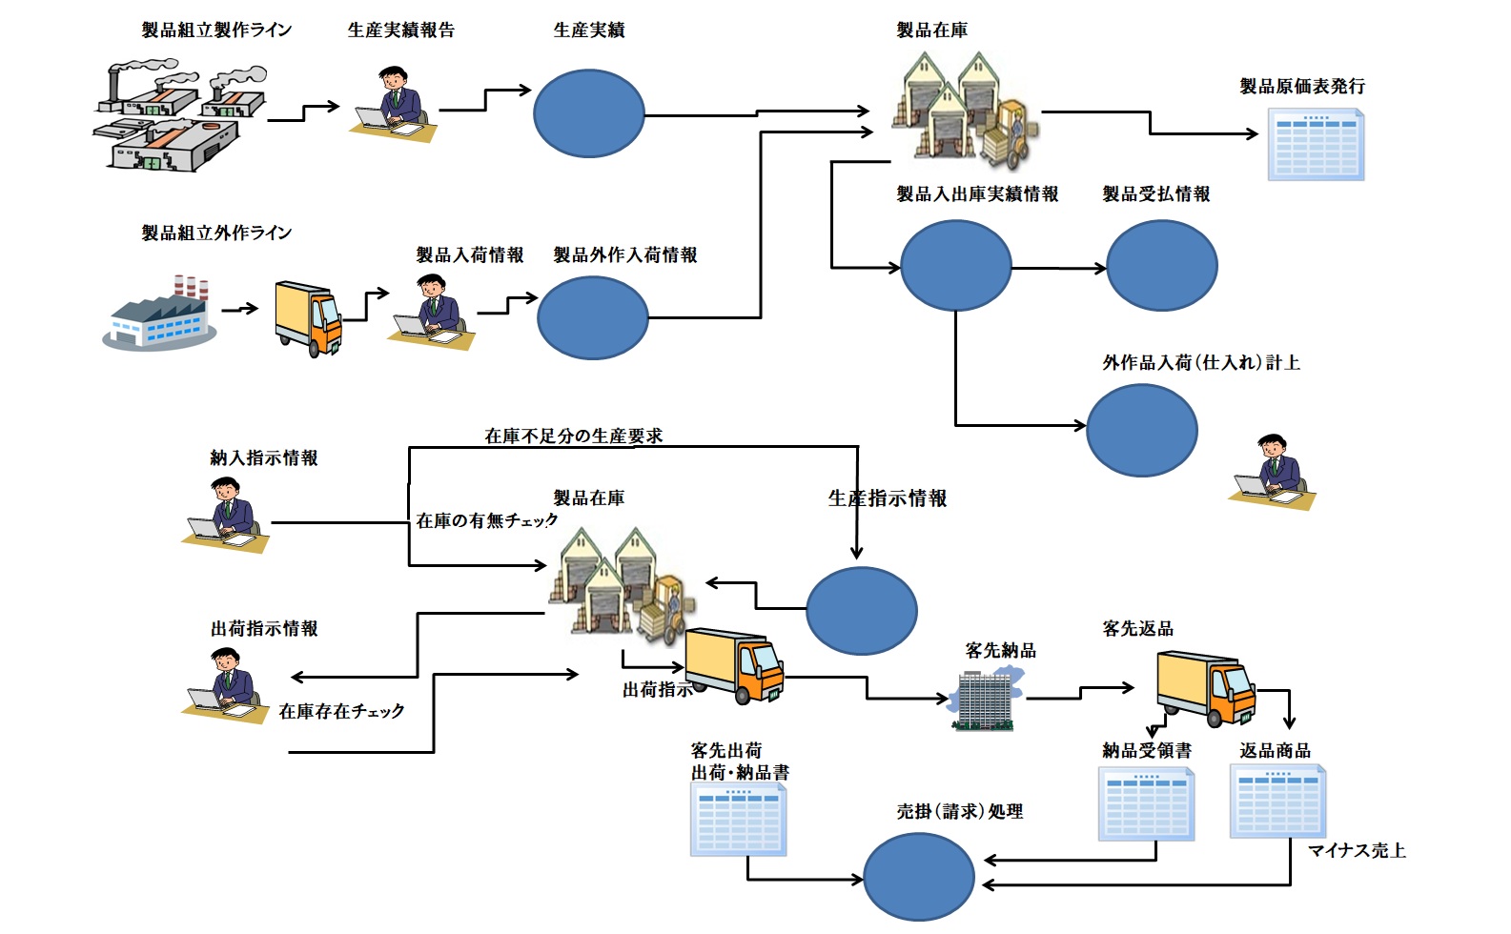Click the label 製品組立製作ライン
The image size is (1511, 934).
tap(216, 30)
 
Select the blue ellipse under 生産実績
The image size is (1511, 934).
tap(588, 113)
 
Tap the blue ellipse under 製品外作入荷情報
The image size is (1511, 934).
tap(592, 317)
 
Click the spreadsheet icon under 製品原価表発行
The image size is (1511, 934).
tap(1316, 144)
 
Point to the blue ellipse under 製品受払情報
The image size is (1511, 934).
tap(1161, 266)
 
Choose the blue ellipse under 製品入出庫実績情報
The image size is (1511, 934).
tap(955, 266)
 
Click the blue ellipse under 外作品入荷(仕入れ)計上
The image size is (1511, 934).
tap(1141, 430)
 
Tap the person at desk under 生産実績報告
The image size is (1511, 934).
tap(393, 104)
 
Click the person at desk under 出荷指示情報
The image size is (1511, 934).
tap(226, 686)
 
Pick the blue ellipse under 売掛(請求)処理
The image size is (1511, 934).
tap(918, 877)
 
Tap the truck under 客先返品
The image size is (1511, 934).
tap(1206, 688)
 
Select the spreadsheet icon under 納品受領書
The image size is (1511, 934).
tap(1146, 804)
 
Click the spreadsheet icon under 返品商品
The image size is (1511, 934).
tap(1277, 802)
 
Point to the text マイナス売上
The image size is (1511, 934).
tap(1357, 850)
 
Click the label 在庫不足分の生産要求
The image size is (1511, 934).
tap(573, 436)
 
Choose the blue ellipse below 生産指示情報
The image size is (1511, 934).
tap(861, 611)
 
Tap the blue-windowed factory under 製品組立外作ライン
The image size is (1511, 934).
tap(159, 316)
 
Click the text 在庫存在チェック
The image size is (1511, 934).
tap(341, 711)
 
